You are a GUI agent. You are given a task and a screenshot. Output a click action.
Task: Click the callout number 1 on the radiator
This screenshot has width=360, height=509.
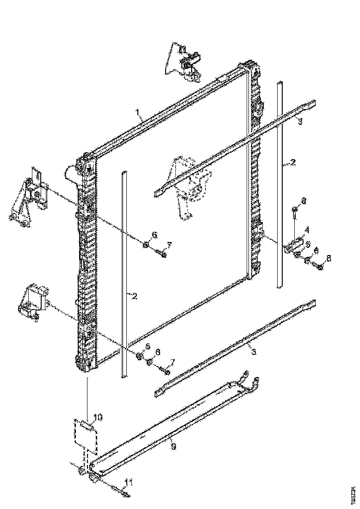click(137, 112)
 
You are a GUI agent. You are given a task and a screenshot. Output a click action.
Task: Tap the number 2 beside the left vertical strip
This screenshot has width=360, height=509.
click(134, 296)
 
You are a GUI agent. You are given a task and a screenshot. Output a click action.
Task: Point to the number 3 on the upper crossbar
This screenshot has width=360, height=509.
click(300, 121)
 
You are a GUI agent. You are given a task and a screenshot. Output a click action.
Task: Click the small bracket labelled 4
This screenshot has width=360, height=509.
click(293, 246)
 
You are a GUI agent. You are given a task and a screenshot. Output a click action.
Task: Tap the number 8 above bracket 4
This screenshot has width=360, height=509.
click(304, 201)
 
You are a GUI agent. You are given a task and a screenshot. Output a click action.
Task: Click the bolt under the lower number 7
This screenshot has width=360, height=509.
click(163, 370)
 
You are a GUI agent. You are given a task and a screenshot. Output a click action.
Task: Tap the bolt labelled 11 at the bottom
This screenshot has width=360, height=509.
click(121, 492)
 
